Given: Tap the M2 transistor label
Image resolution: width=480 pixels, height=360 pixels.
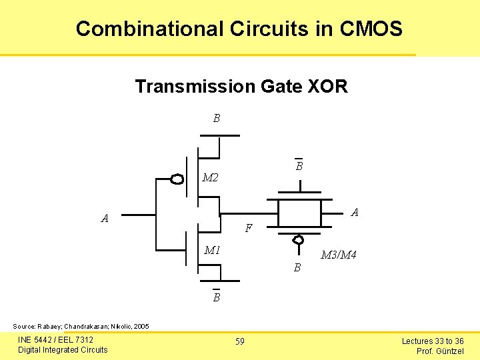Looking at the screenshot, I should pos(211,178).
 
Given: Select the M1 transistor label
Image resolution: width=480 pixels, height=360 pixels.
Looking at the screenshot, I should pos(213,251).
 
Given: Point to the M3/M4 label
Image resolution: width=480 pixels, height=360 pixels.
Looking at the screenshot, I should pos(338,255).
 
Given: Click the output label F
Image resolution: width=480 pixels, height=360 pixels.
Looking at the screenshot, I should pos(248,228).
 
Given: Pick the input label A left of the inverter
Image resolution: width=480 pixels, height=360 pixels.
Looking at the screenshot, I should pos(105,218).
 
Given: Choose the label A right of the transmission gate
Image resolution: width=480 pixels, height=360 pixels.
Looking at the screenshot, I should pos(355,213).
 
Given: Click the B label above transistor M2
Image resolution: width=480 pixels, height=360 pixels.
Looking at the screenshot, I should pos(216,119).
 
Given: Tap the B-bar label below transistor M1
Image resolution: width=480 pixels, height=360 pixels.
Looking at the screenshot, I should pos(216,297).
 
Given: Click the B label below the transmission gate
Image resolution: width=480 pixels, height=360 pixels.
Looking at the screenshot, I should pos(297,268).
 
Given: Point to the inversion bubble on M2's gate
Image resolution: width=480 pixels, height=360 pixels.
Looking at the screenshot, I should pos(177,179).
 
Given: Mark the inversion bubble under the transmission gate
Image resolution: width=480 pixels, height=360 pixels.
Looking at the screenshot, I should pos(299,239).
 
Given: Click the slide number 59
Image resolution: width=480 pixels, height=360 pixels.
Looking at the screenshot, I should pos(239,341).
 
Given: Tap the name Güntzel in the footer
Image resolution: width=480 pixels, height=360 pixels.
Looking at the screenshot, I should pos(449,351).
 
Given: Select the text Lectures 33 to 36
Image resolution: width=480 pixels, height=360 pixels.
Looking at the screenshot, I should pos(432,341).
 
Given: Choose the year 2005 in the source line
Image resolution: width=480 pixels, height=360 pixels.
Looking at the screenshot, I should pos(141,327).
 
